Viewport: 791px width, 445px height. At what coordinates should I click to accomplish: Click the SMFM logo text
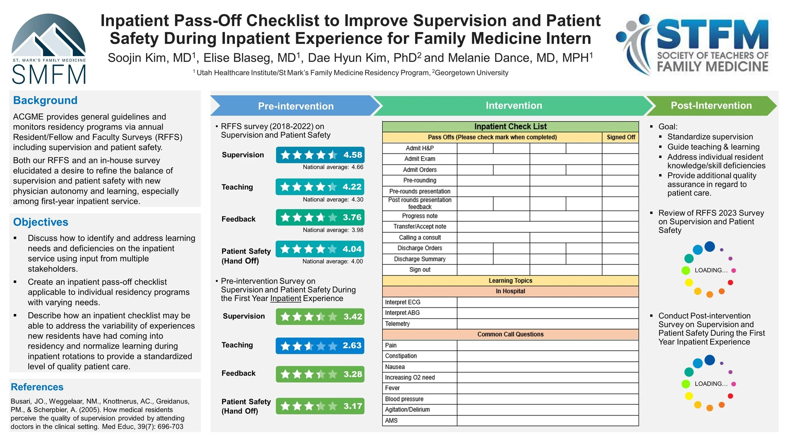click(x=49, y=74)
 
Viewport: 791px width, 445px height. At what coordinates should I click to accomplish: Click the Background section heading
click(x=45, y=100)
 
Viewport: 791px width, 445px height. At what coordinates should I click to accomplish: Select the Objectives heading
click(x=40, y=222)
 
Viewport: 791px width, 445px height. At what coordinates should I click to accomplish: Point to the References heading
click(x=37, y=387)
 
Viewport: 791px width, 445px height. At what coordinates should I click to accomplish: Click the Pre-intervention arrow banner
click(x=296, y=106)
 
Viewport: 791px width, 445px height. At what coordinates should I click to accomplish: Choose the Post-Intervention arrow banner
click(x=711, y=106)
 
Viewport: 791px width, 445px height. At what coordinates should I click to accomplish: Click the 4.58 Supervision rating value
click(x=352, y=155)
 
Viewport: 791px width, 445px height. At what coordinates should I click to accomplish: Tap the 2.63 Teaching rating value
click(x=352, y=345)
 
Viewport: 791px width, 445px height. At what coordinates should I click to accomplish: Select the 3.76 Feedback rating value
click(x=352, y=217)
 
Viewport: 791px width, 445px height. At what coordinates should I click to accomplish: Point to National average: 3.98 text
click(x=333, y=230)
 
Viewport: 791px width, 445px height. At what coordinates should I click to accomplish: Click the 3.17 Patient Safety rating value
click(x=352, y=406)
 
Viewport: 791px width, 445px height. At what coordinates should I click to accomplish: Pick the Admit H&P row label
click(x=420, y=148)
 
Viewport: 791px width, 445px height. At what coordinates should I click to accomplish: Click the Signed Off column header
click(x=620, y=137)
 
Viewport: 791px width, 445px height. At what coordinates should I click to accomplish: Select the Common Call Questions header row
click(x=510, y=334)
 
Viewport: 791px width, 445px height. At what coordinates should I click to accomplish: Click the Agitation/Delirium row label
click(x=407, y=410)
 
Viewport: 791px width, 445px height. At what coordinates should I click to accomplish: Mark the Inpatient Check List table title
click(x=510, y=127)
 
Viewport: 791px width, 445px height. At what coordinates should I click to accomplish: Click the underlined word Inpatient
click(x=286, y=298)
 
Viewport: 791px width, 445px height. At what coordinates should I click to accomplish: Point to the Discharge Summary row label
click(x=420, y=259)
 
